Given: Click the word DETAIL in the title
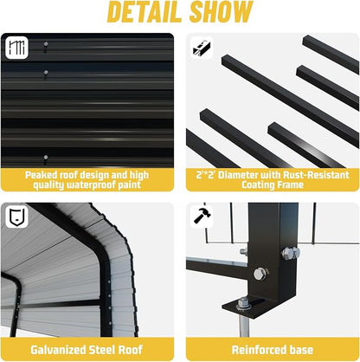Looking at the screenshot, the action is coord(146,12).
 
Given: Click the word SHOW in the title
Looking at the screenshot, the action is coord(222,12).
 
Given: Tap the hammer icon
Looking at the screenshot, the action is coord(202,215).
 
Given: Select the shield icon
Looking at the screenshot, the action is coord(16,217).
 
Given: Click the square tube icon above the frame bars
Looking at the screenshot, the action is coord(202,48).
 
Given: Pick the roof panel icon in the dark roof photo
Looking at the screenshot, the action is coord(16,48).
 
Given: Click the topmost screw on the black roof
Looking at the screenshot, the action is coord(46,44).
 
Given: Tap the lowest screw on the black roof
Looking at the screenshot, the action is coord(46,158).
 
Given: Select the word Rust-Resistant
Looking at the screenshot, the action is coord(316,175).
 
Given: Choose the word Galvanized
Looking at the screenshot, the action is coord(57,350).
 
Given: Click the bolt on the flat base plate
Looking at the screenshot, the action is coord(242,303).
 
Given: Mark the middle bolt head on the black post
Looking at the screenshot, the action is coord(260,274).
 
